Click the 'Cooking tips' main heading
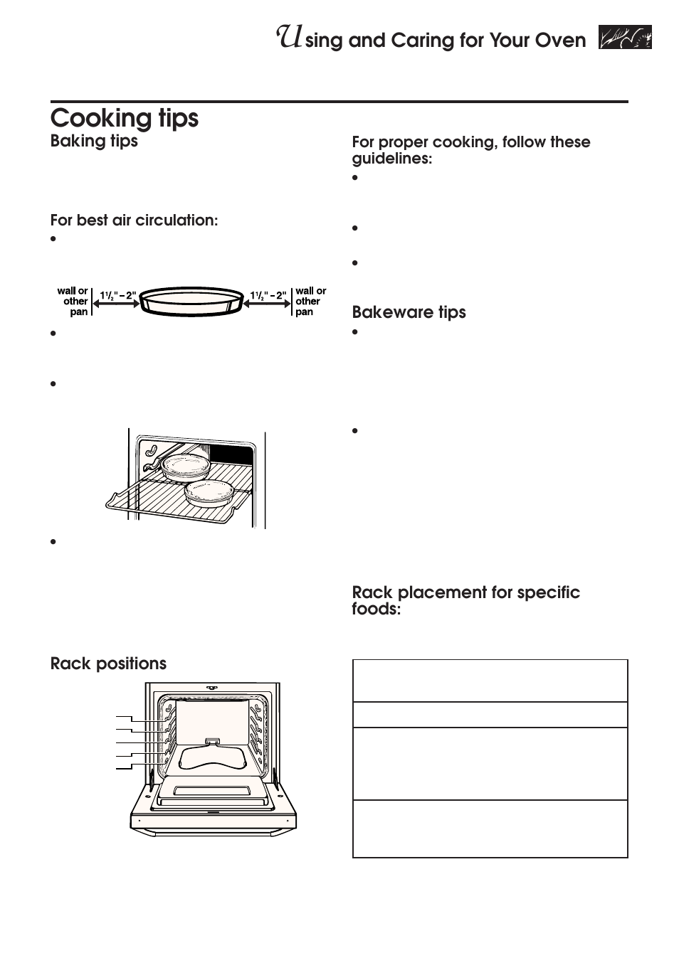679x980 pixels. click(x=125, y=118)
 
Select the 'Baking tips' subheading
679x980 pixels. click(x=94, y=141)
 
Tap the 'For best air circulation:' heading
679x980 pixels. click(x=134, y=220)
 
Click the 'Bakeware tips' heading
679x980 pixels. click(x=409, y=312)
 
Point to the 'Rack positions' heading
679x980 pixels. click(x=108, y=664)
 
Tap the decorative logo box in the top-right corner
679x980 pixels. click(x=625, y=38)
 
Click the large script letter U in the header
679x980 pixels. click(x=288, y=37)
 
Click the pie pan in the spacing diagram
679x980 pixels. click(x=191, y=302)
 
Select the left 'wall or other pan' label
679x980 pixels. click(x=74, y=302)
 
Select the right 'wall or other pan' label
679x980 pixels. click(x=310, y=302)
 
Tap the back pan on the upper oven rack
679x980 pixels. click(x=183, y=466)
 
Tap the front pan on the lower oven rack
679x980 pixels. click(x=209, y=491)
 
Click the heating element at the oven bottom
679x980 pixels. click(x=214, y=758)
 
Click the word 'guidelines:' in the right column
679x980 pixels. click(x=391, y=159)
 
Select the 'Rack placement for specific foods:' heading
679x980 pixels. click(x=465, y=601)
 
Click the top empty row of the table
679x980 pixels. click(x=490, y=681)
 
